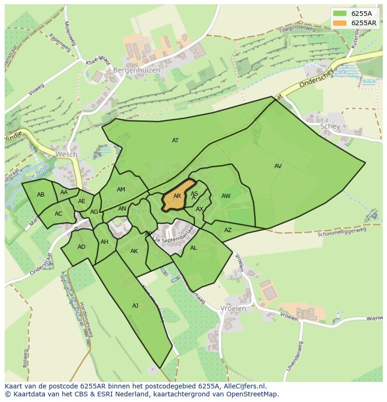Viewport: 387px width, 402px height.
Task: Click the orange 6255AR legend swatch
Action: tap(340, 23)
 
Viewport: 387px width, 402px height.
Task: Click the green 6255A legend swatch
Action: tap(340, 14)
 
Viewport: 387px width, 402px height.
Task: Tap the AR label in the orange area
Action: tap(177, 196)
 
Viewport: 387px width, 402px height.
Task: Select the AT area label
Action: tap(175, 141)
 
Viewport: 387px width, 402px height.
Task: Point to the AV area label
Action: tap(278, 166)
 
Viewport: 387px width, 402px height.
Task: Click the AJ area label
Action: tap(136, 306)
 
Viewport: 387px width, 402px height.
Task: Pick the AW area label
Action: tap(226, 196)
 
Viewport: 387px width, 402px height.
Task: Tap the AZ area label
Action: tap(228, 230)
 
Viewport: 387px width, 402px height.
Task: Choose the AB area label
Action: tap(41, 195)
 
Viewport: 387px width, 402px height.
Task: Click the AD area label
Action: tap(82, 247)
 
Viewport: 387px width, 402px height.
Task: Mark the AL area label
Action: tap(193, 248)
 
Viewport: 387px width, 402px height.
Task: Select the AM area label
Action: tap(121, 190)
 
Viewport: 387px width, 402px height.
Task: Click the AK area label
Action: tap(134, 251)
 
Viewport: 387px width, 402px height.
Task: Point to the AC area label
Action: tap(58, 214)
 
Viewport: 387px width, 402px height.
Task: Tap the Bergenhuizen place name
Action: tap(136, 70)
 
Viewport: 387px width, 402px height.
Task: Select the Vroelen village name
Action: tap(233, 309)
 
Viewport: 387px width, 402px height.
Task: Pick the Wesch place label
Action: tap(66, 154)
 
